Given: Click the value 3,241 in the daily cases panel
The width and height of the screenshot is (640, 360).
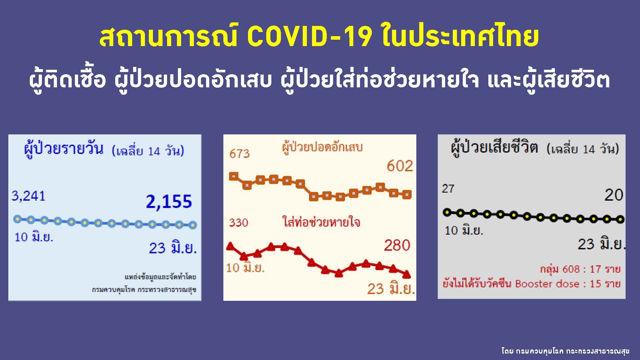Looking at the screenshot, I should click(28, 196).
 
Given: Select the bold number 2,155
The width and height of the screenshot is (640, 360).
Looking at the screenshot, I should click(169, 202).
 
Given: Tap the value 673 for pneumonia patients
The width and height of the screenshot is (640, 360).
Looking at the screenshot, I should click(239, 154).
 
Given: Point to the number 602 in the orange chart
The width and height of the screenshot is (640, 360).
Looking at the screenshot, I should click(400, 166).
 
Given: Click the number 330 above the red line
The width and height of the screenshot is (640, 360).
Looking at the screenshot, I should click(238, 222).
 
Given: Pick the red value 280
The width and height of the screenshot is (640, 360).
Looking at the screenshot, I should click(397, 245).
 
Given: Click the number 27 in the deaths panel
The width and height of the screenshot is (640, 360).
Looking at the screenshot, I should click(448, 188).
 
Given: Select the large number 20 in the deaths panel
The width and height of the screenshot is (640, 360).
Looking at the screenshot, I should click(614, 195).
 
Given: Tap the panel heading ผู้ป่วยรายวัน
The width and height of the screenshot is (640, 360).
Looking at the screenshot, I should click(64, 149).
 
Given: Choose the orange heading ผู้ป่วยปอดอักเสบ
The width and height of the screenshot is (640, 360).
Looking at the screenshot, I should click(322, 147).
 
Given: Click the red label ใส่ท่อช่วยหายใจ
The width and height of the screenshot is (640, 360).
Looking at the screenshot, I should click(321, 222).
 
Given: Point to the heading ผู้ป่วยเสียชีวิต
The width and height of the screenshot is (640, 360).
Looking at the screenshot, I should click(494, 148).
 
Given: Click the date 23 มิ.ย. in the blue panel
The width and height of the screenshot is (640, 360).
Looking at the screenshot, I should click(173, 248).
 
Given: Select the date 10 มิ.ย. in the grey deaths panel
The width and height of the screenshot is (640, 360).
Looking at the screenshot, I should click(464, 230).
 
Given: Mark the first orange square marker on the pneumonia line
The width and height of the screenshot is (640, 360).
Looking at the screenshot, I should click(234, 176).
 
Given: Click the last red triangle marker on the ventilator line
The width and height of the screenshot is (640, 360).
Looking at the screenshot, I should click(406, 274).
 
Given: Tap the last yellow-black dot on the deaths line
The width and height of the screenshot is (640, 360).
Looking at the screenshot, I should click(620, 220).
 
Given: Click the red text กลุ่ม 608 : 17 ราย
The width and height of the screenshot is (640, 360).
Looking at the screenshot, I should click(580, 269).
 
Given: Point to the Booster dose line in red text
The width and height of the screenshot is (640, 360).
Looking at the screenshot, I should click(532, 284).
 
